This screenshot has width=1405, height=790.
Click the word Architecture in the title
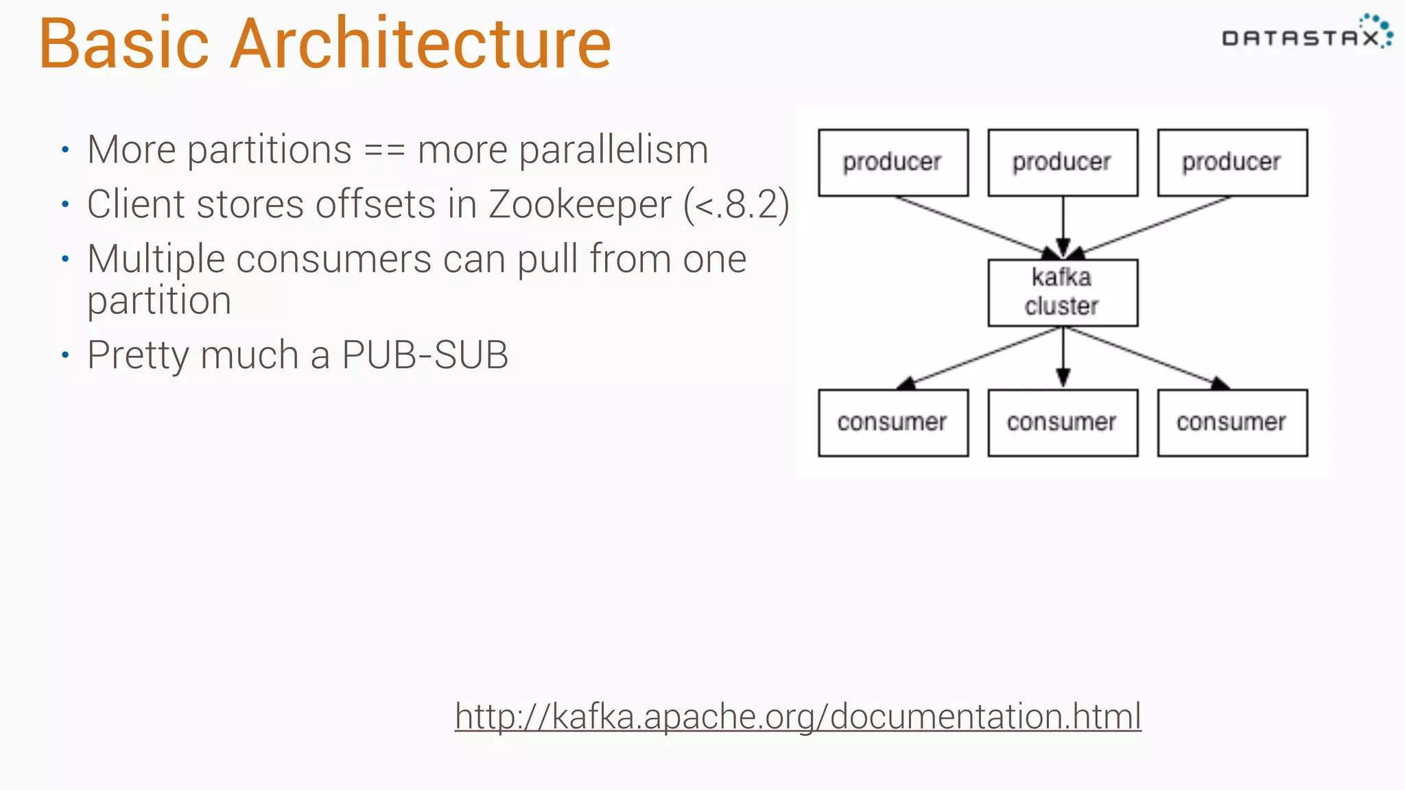click(420, 44)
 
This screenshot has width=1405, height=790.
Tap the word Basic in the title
click(123, 44)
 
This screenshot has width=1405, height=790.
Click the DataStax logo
click(1306, 34)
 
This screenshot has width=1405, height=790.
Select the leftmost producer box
click(893, 163)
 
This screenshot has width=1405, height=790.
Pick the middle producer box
click(1063, 163)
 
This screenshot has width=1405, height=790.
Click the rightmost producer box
click(1232, 163)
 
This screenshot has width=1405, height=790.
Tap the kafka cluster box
click(1063, 292)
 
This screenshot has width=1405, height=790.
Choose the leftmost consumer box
click(893, 422)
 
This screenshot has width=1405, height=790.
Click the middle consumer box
click(1063, 422)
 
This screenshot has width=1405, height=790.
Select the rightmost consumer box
click(1232, 422)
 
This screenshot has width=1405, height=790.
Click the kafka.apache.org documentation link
click(797, 716)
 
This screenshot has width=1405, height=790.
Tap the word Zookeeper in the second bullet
click(580, 204)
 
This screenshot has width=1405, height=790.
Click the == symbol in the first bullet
click(384, 150)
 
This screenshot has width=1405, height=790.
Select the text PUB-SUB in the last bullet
click(425, 355)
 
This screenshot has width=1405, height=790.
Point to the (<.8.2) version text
click(736, 204)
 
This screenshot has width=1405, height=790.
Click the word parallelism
click(613, 150)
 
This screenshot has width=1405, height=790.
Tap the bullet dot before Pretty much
click(65, 355)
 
